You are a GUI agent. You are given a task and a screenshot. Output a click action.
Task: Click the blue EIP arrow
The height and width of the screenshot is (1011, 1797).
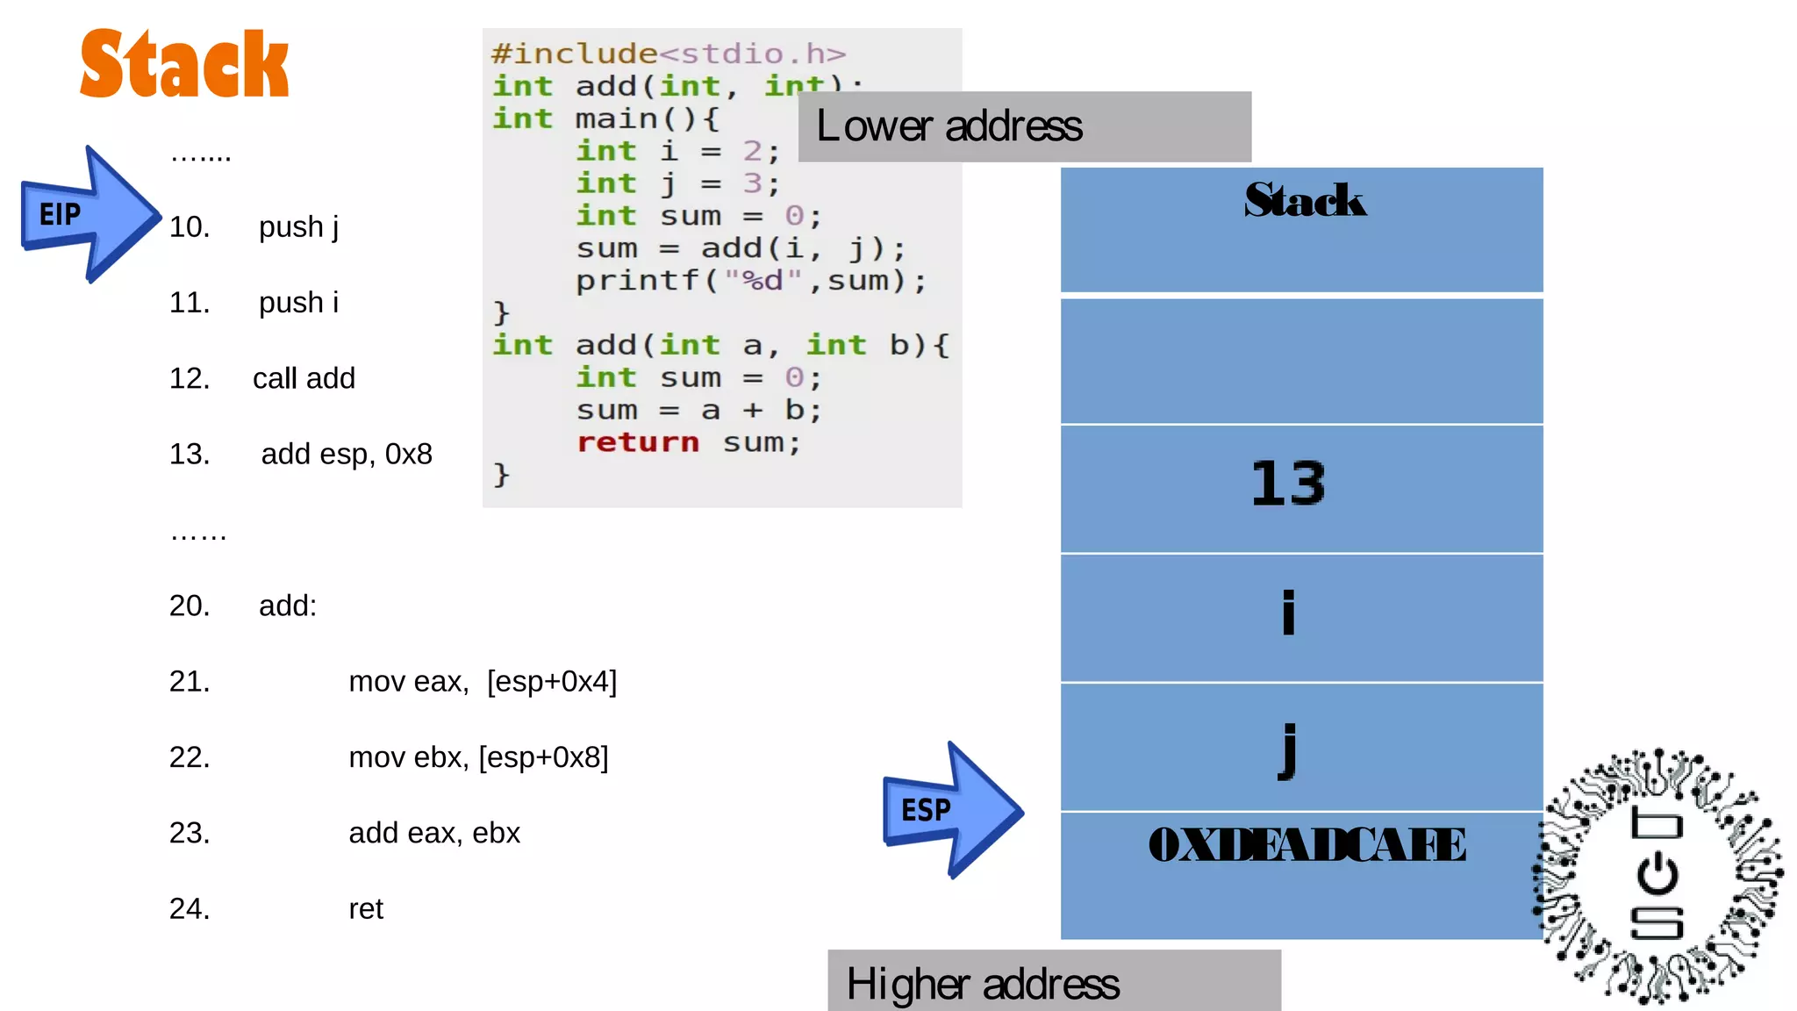tap(88, 214)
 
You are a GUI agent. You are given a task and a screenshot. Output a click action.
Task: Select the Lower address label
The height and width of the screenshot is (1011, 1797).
tap(1024, 126)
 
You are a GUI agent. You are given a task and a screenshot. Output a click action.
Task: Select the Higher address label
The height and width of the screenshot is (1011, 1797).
tap(1053, 983)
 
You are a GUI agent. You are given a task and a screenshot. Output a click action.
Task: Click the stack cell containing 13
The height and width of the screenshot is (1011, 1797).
tap(1301, 488)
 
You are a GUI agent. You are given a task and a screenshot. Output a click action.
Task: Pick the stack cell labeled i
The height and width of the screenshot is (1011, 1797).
tap(1301, 617)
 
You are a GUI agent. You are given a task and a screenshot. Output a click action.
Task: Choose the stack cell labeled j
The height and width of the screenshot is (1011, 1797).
tap(1301, 747)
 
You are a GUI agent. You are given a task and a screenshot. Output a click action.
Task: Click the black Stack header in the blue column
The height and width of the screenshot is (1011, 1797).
tap(1304, 200)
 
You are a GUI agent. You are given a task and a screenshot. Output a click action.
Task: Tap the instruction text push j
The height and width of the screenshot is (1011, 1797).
tap(298, 227)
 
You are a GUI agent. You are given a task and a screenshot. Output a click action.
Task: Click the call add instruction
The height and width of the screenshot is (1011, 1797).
tap(304, 378)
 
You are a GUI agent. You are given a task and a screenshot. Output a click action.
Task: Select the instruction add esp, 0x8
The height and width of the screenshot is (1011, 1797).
tap(347, 455)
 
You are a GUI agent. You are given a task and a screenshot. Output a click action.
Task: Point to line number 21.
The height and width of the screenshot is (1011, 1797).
tap(190, 682)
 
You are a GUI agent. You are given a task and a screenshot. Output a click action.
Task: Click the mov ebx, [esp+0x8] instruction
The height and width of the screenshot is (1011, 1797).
tap(478, 757)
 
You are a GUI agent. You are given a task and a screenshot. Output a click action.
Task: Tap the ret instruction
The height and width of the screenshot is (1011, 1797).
tap(366, 909)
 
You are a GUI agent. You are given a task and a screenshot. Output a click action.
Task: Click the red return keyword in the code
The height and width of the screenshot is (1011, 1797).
tap(638, 442)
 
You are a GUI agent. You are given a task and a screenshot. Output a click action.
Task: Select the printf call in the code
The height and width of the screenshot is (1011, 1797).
tap(750, 281)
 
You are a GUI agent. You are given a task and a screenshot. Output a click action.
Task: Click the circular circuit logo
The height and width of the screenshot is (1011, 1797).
tap(1657, 876)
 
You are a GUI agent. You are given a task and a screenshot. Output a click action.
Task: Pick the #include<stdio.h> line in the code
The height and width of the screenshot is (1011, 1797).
tap(669, 54)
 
